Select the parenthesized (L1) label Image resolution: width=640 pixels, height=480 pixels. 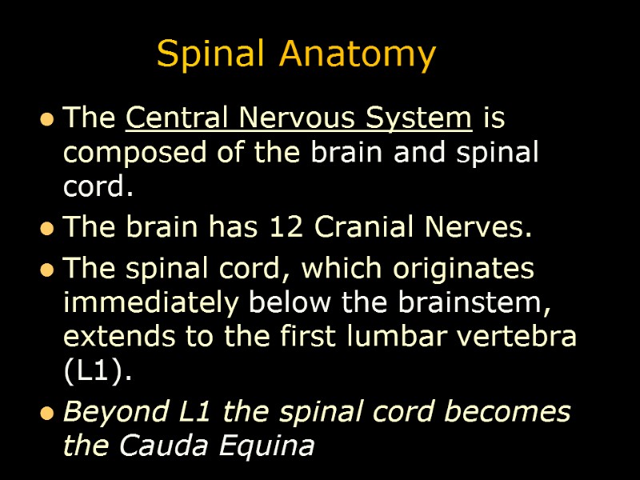[94, 370]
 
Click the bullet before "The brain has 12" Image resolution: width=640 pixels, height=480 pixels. [48, 230]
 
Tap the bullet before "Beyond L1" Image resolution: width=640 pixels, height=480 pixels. [48, 414]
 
